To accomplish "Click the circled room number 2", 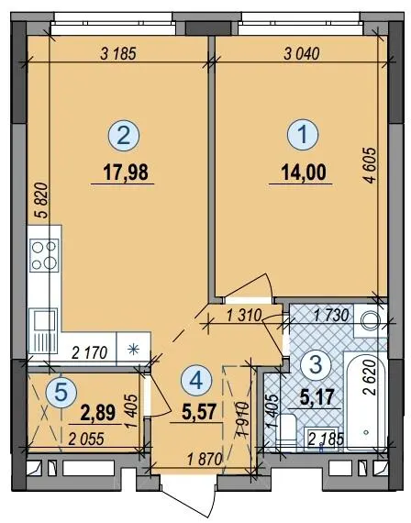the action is [x=124, y=136].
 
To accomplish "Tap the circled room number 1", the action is [x=303, y=136].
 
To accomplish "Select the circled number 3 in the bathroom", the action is [x=316, y=364].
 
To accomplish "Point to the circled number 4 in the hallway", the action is [x=196, y=381].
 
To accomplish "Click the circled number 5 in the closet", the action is [x=61, y=392].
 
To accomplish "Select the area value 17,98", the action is [x=126, y=172].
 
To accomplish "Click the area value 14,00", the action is [x=304, y=172].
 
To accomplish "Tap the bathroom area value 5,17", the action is [x=317, y=397].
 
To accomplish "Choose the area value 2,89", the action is [x=98, y=412].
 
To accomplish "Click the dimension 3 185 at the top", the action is [x=118, y=54].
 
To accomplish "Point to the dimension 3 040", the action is [x=302, y=54].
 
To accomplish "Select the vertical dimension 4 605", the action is [x=370, y=165].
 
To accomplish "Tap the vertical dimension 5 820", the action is [x=42, y=200].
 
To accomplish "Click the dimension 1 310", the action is [x=243, y=316].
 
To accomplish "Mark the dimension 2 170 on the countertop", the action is [x=90, y=353].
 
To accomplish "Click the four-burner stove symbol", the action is [x=45, y=255].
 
